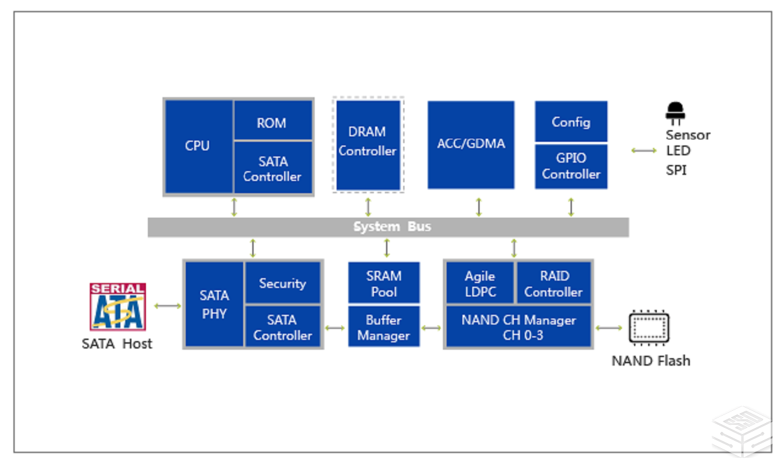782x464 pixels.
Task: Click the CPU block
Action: click(198, 146)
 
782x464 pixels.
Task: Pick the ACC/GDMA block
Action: click(470, 145)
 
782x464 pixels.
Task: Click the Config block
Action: click(571, 122)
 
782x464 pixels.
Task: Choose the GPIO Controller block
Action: click(571, 166)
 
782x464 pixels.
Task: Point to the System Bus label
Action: click(392, 227)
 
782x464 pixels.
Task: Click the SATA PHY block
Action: click(214, 304)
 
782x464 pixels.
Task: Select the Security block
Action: click(282, 283)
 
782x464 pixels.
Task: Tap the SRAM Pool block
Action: click(384, 283)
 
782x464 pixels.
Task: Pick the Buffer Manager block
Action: click(384, 327)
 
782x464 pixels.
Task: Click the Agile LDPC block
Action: click(480, 283)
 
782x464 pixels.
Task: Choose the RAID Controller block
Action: click(554, 283)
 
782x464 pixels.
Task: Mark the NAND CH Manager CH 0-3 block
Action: click(518, 327)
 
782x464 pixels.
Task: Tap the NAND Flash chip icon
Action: click(649, 328)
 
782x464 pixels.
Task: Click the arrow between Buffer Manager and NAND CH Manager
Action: click(431, 328)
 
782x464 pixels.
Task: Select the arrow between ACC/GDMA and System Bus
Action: click(479, 207)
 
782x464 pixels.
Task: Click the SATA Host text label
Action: click(117, 344)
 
